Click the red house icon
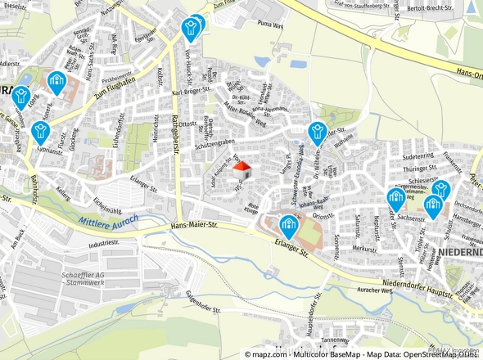242,170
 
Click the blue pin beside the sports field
288,226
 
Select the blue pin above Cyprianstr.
41,131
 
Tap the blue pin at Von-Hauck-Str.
191,29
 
